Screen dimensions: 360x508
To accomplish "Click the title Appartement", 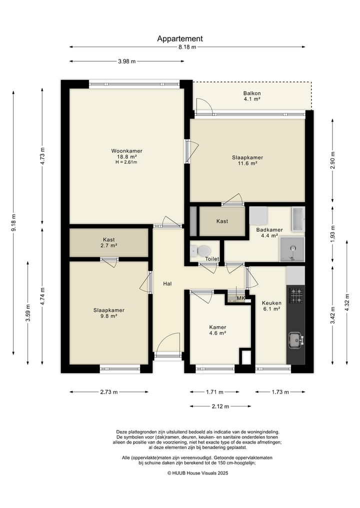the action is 180,39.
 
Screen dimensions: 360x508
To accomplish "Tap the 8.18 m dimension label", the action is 187,47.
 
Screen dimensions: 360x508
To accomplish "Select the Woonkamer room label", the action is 127,151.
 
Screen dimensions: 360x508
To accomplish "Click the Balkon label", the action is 252,93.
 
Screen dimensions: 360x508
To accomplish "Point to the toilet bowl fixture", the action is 201,250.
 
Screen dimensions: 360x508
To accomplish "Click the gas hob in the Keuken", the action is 296,296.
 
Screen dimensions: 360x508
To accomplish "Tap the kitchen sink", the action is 296,340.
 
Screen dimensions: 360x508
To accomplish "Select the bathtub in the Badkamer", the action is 297,219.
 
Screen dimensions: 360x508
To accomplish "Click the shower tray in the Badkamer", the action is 292,249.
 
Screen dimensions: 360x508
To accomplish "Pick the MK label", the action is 241,298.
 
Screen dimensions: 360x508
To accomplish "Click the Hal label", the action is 167,284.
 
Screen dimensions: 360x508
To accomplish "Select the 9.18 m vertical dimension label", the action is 13,223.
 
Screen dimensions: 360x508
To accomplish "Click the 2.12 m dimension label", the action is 220,406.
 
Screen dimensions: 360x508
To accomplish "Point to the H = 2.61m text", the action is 126,162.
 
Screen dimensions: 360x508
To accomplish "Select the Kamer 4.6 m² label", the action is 217,330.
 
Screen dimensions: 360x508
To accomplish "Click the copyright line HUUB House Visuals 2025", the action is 198,473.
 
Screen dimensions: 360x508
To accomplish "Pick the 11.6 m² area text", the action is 247,164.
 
